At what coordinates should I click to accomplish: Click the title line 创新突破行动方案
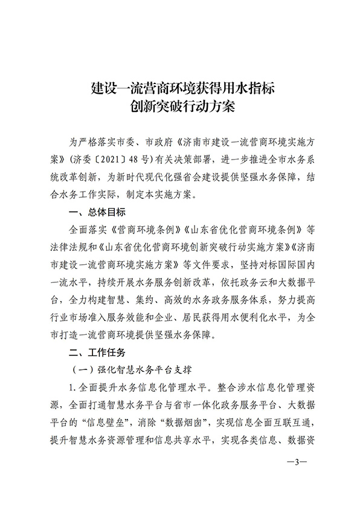coord(180,108)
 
